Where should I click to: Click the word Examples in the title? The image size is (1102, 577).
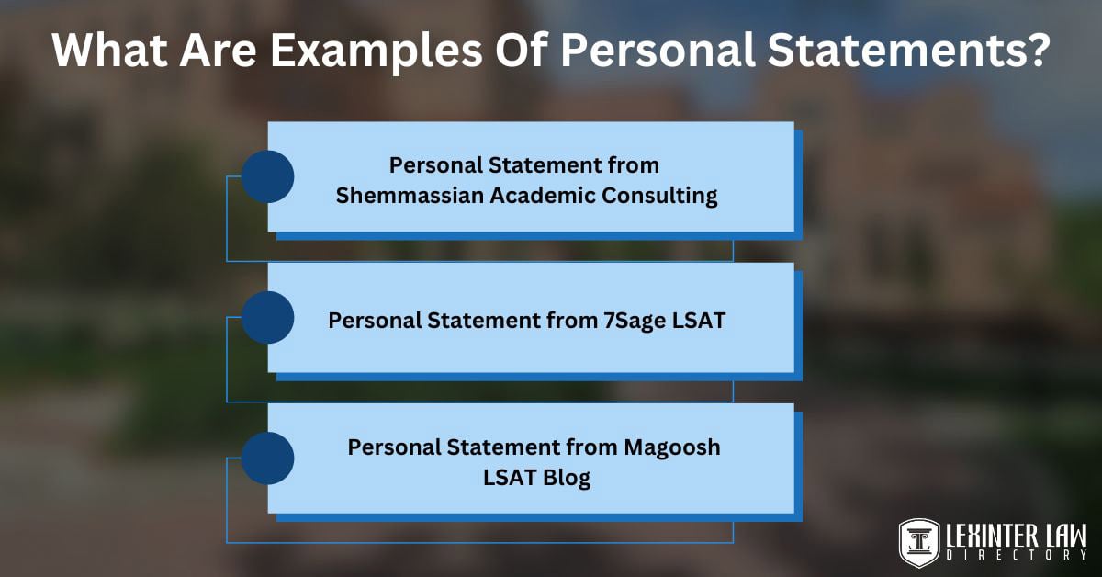pyautogui.click(x=377, y=51)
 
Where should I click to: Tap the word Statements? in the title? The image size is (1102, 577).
pyautogui.click(x=908, y=50)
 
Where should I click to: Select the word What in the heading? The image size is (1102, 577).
pyautogui.click(x=109, y=50)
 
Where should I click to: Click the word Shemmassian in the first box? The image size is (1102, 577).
pyautogui.click(x=410, y=196)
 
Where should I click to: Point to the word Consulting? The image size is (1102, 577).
pyautogui.click(x=659, y=197)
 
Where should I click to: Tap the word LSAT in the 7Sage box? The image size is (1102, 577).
pyautogui.click(x=699, y=321)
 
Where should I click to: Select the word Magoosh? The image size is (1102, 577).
pyautogui.click(x=672, y=447)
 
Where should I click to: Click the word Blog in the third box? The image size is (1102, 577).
pyautogui.click(x=567, y=478)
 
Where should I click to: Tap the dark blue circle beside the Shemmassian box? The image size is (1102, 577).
pyautogui.click(x=267, y=176)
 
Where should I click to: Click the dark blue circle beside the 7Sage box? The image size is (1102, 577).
pyautogui.click(x=267, y=317)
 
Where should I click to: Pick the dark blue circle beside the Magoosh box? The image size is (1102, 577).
pyautogui.click(x=267, y=458)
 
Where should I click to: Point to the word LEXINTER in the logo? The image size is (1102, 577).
pyautogui.click(x=990, y=537)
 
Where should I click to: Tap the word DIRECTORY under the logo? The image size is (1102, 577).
pyautogui.click(x=1017, y=555)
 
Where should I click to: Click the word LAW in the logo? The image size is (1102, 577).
pyautogui.click(x=1064, y=537)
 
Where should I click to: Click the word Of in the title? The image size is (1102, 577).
pyautogui.click(x=521, y=50)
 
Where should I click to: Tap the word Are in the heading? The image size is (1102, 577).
pyautogui.click(x=218, y=50)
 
